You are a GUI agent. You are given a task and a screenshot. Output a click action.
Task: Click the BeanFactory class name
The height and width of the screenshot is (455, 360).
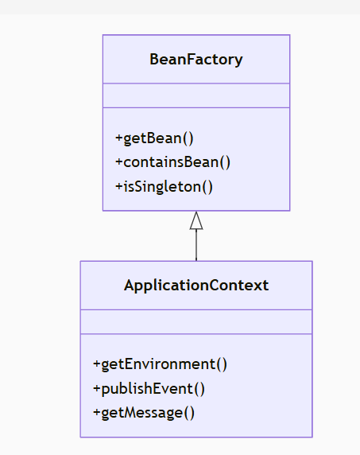(195, 59)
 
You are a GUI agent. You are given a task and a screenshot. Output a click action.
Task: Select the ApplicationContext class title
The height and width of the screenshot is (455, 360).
(196, 285)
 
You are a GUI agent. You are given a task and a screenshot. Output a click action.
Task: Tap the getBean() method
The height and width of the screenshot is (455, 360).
(154, 138)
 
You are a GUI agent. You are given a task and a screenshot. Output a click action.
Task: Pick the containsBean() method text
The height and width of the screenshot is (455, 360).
(172, 162)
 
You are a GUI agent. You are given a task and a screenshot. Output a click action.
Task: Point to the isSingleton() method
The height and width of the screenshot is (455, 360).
(165, 187)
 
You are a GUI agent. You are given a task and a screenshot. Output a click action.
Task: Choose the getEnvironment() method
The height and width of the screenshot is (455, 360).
(160, 364)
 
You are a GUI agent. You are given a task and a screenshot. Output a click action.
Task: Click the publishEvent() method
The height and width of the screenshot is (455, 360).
(149, 389)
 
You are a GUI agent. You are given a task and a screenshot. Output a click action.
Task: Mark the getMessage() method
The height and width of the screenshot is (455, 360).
(144, 412)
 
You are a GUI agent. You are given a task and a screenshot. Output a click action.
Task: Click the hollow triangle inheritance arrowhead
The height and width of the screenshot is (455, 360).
(196, 221)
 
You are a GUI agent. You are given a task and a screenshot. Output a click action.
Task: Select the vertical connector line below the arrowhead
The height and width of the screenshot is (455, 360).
(196, 246)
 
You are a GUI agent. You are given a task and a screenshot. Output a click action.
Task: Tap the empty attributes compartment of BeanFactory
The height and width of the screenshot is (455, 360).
(195, 95)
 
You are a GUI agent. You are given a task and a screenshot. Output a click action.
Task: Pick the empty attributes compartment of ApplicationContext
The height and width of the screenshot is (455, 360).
(196, 321)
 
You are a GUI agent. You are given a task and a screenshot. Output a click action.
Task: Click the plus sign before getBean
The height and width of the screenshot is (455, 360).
(119, 138)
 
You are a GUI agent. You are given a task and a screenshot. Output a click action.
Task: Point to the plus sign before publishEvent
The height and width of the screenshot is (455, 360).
(97, 389)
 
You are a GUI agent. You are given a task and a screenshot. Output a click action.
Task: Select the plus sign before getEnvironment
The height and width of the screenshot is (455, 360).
(97, 364)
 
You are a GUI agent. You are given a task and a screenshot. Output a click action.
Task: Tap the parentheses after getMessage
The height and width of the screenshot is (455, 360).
(189, 412)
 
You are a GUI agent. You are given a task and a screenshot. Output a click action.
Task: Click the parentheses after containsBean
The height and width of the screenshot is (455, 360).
(225, 162)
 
